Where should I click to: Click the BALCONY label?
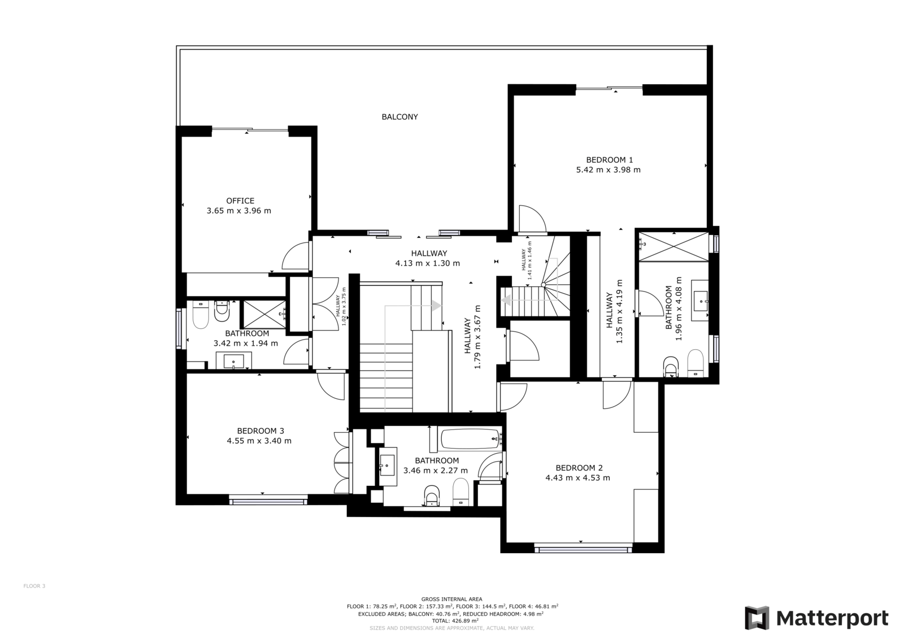399,117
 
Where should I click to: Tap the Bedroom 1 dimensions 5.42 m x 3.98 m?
608,170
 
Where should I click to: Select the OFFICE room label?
240,201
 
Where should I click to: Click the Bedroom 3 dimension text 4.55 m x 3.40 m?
259,441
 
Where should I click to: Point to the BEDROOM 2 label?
579,468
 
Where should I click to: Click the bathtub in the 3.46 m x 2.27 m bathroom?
471,439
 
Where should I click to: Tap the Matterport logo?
816,618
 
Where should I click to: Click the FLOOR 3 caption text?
34,586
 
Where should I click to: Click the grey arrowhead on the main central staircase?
436,306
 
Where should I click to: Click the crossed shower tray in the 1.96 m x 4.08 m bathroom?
673,247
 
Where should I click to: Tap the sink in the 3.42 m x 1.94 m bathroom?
234,360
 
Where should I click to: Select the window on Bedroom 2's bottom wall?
583,549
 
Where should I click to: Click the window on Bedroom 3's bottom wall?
268,502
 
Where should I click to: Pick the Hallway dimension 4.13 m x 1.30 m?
427,264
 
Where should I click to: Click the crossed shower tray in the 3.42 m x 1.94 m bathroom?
263,315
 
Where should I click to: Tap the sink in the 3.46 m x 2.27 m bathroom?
387,464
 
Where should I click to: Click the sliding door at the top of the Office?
250,130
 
